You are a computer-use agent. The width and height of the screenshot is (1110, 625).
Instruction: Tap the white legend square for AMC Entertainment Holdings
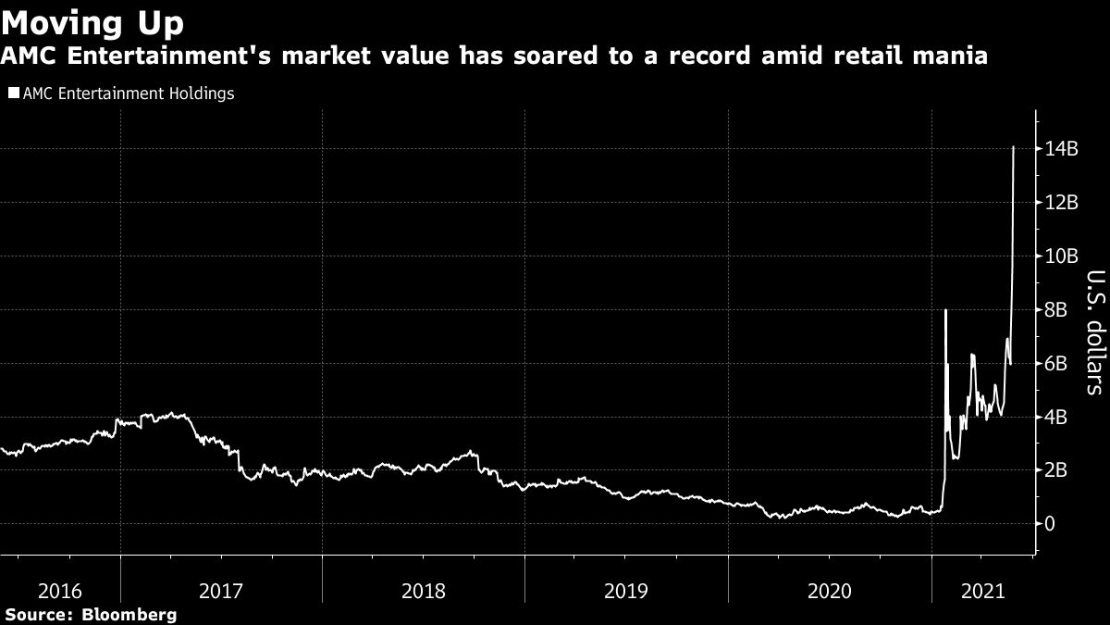tap(13, 94)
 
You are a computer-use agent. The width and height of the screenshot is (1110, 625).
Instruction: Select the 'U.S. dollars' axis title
tap(1094, 332)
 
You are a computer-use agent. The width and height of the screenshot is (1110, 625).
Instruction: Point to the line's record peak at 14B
tap(1014, 147)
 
